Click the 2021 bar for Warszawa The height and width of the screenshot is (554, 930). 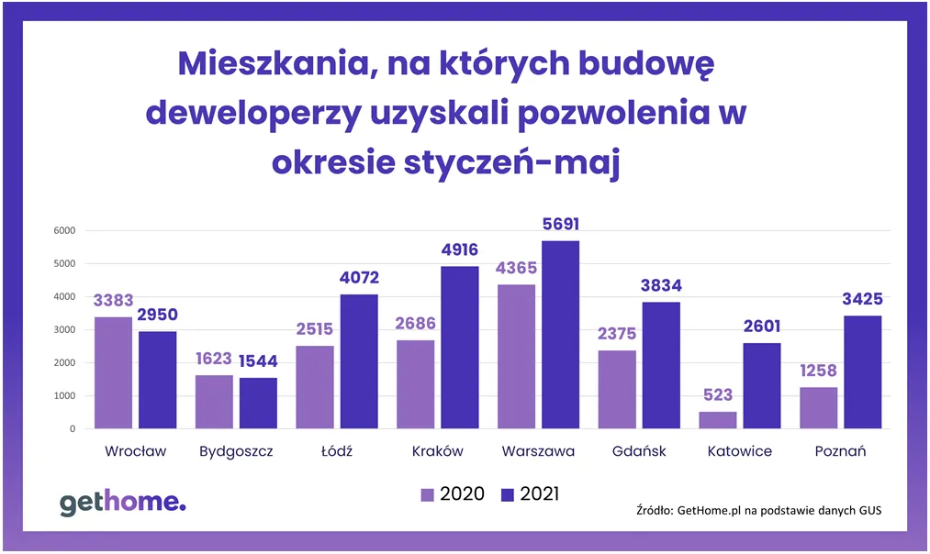point(561,335)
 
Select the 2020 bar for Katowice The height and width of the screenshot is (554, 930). point(718,420)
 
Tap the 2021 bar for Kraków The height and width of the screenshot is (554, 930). point(460,348)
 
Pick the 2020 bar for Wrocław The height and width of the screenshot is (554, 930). point(113,372)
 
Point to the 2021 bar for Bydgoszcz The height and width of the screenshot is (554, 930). point(259,404)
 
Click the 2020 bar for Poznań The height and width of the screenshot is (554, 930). point(818,408)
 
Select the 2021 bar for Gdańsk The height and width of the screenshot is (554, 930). point(662,365)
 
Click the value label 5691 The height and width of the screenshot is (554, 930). point(561,225)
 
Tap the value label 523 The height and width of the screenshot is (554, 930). point(718,395)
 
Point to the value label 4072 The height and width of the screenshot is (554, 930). point(360,278)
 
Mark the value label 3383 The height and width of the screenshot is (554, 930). point(113,301)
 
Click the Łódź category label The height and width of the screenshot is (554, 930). point(337,451)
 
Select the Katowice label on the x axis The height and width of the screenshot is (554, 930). point(740,451)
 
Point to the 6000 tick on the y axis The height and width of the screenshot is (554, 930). point(63,230)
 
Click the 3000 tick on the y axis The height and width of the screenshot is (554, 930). point(63,329)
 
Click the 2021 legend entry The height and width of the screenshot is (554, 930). point(530,494)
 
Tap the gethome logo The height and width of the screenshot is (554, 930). point(122,502)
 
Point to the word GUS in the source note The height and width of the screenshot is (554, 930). point(867,510)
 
